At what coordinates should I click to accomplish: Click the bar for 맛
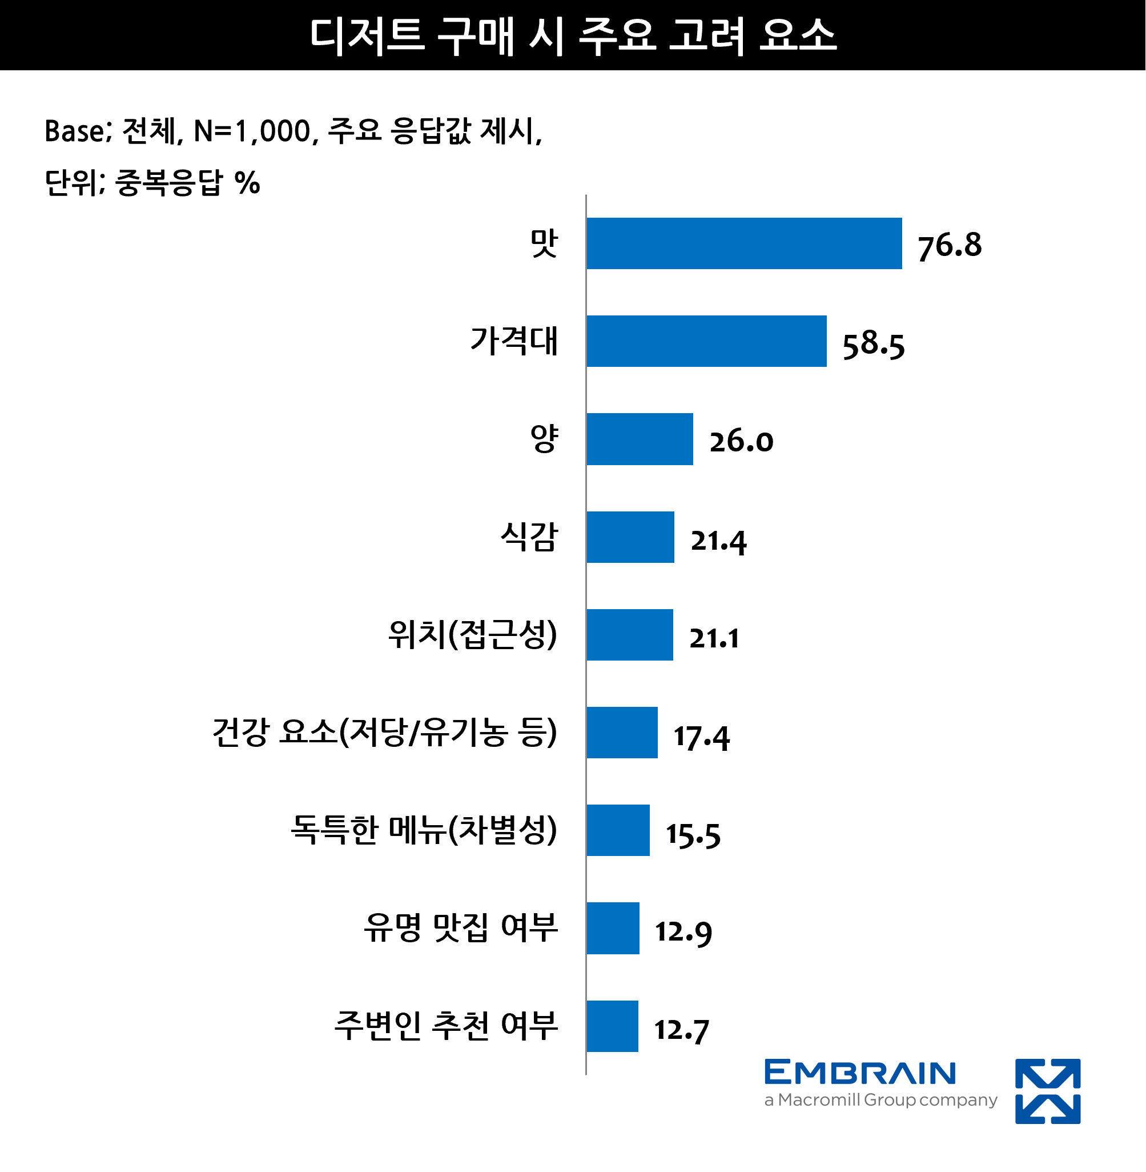(x=744, y=243)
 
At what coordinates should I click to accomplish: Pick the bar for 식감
(x=630, y=537)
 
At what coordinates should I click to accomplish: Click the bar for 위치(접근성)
(x=630, y=635)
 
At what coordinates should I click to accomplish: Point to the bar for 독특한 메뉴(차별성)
(x=618, y=830)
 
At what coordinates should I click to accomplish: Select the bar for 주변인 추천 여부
(x=612, y=1026)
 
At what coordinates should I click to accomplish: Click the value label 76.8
(x=949, y=246)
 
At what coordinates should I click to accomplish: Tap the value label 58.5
(x=872, y=345)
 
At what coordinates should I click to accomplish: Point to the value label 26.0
(x=741, y=442)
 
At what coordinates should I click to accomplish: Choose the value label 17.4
(x=701, y=737)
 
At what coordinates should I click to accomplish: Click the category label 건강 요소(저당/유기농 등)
(x=385, y=733)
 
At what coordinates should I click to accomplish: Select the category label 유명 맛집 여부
(x=460, y=927)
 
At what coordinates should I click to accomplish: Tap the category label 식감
(x=529, y=537)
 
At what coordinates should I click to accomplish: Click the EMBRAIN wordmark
(x=859, y=1073)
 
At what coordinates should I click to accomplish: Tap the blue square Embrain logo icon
(x=1047, y=1091)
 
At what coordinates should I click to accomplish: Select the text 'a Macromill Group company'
(x=880, y=1100)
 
